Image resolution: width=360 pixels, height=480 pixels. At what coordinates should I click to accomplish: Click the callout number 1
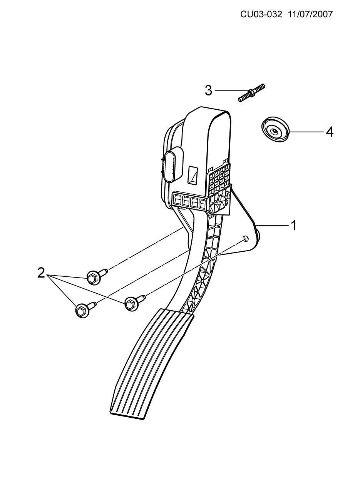tap(294, 226)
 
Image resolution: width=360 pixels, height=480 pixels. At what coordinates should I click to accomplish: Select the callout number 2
tap(42, 273)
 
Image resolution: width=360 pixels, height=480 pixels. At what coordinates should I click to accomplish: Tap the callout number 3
tap(208, 90)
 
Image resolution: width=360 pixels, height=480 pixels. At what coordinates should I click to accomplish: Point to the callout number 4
tap(329, 132)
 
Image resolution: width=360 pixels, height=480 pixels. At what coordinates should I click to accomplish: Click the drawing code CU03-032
tap(261, 15)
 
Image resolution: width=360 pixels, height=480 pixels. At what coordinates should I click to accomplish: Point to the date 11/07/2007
tap(310, 15)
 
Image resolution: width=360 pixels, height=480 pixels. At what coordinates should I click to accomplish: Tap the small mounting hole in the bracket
tap(246, 238)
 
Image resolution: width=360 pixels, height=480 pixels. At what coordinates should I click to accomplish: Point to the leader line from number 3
tap(227, 90)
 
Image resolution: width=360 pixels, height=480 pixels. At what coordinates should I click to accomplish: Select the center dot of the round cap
tap(274, 131)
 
